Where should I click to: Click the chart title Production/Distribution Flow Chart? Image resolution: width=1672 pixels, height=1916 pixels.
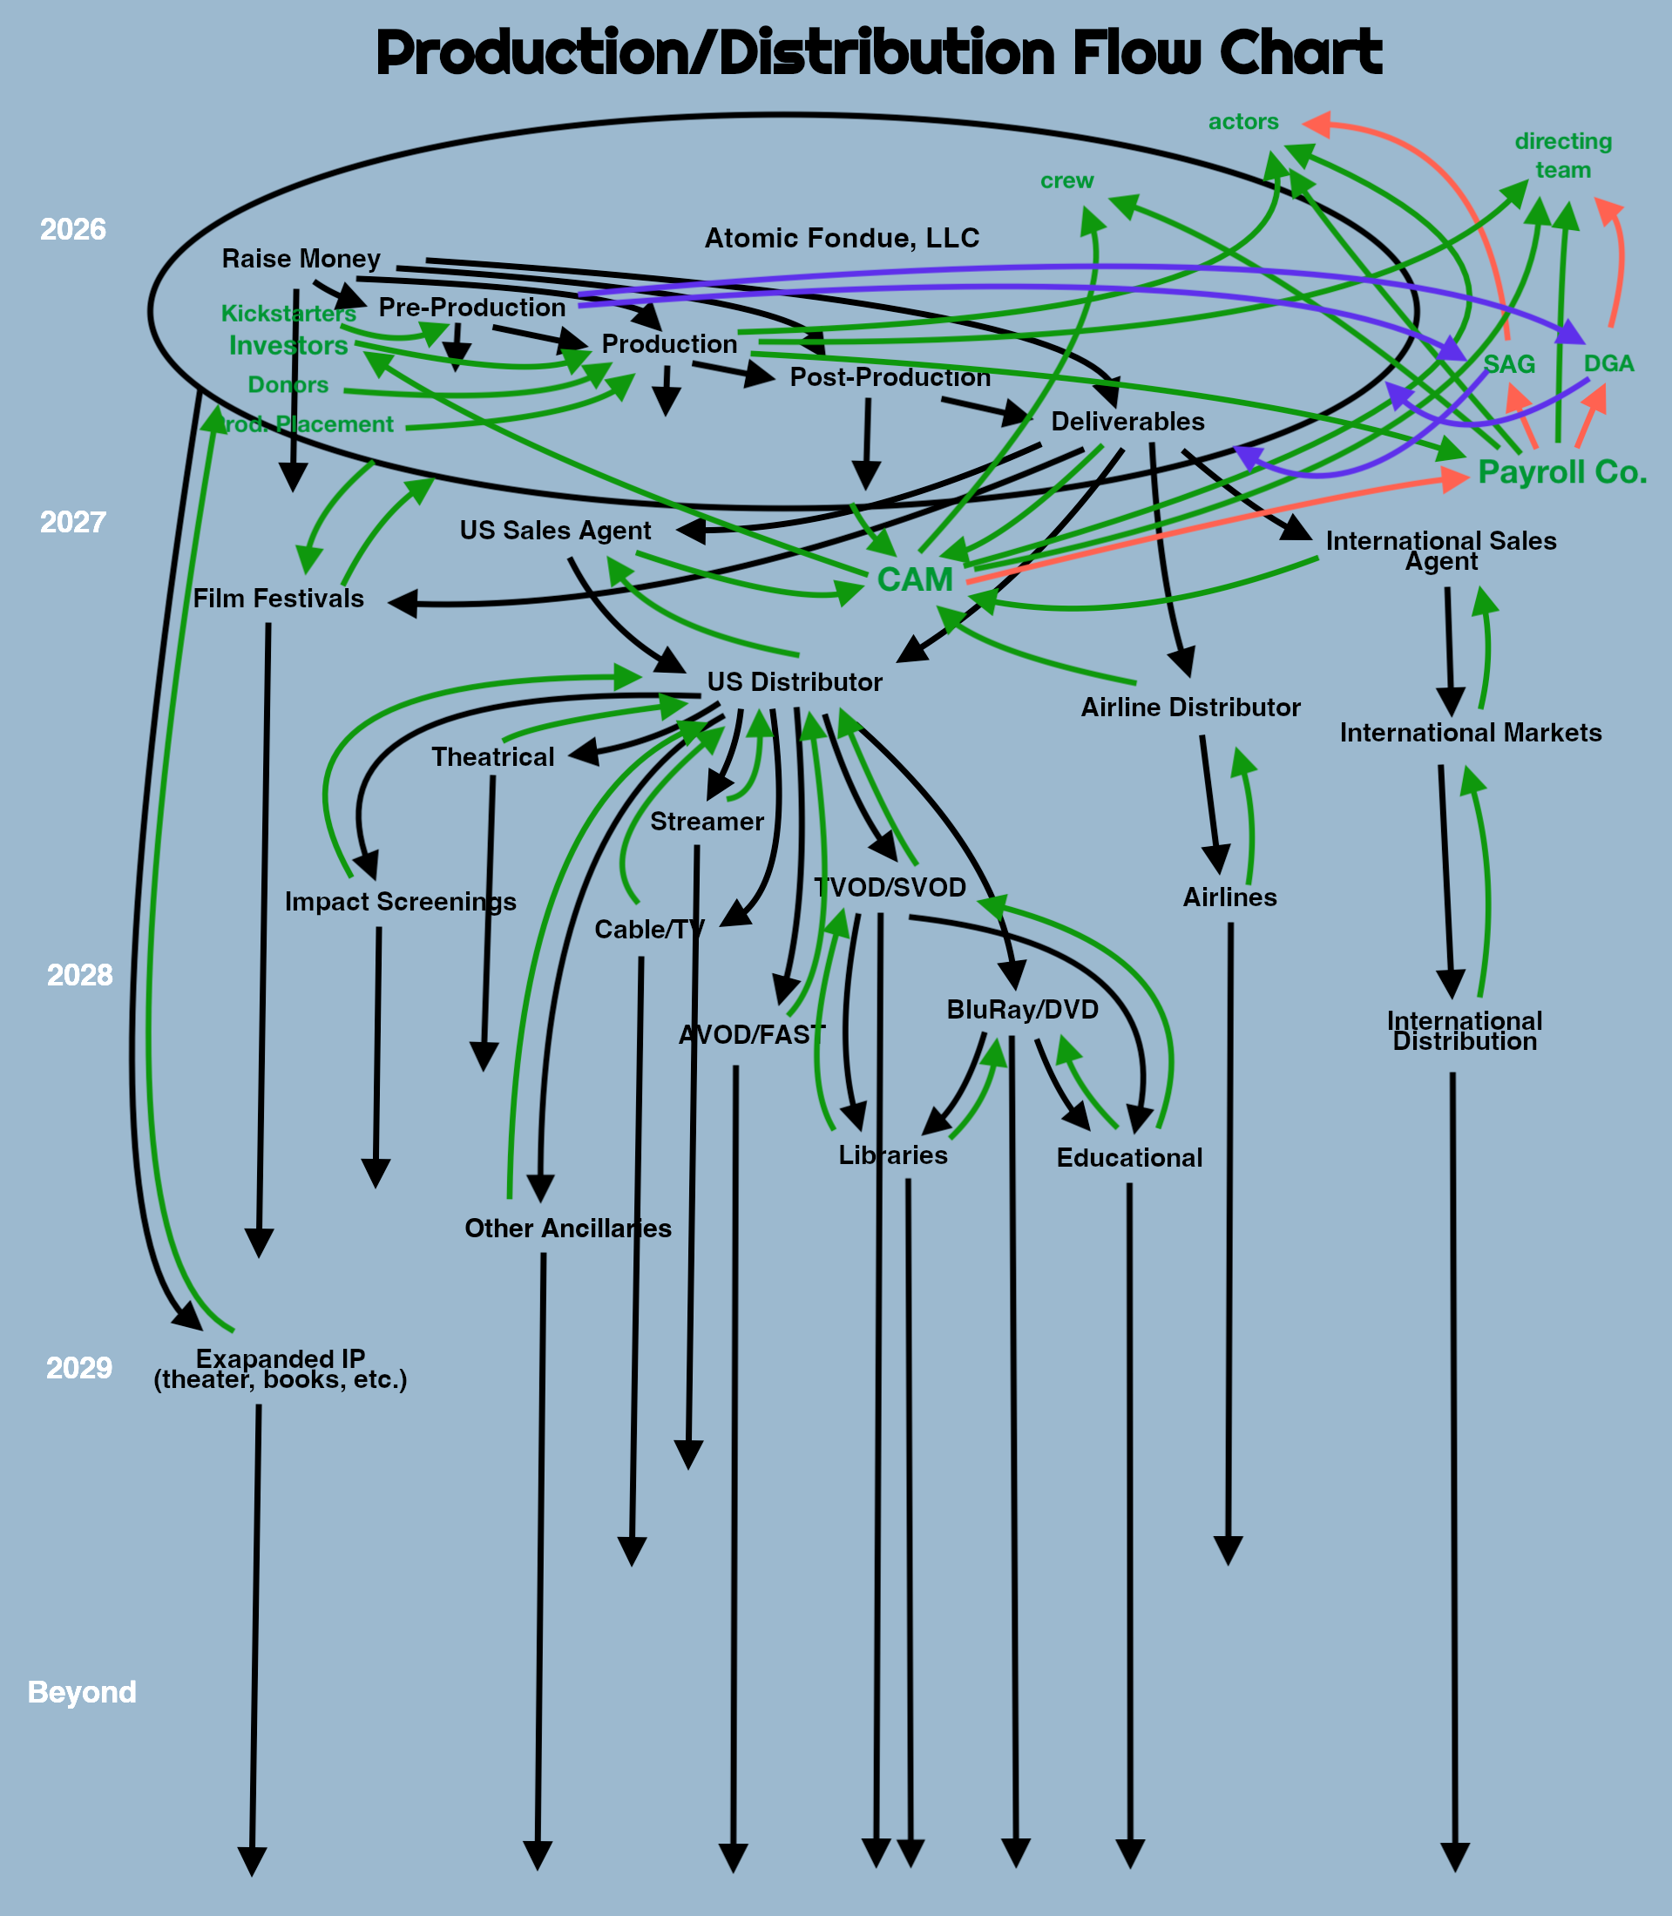click(x=878, y=53)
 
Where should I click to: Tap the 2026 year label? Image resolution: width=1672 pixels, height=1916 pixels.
click(x=73, y=229)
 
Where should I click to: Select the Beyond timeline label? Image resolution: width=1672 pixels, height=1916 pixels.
click(x=82, y=1691)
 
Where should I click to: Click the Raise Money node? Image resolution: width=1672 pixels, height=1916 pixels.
click(x=301, y=259)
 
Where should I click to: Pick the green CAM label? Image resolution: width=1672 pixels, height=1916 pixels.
click(x=914, y=579)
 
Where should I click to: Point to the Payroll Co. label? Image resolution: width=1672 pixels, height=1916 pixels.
click(x=1562, y=472)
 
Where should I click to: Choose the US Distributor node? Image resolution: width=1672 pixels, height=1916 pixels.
click(x=794, y=682)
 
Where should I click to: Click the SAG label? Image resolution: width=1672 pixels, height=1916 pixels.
click(x=1509, y=364)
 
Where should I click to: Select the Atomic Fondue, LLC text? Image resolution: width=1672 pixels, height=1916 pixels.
click(x=842, y=238)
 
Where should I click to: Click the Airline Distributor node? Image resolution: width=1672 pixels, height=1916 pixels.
click(x=1190, y=707)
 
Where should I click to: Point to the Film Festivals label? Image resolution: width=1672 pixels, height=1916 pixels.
click(x=278, y=598)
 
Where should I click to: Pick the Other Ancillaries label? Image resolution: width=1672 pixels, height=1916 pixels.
click(x=567, y=1228)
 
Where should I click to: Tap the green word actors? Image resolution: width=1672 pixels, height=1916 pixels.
click(x=1242, y=121)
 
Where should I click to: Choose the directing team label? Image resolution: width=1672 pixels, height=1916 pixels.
click(x=1563, y=155)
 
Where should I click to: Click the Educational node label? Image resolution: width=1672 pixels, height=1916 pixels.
click(x=1129, y=1158)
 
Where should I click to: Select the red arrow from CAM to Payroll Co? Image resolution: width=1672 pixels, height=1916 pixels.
click(x=1213, y=527)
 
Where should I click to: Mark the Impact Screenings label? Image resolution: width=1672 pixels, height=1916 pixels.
click(x=400, y=901)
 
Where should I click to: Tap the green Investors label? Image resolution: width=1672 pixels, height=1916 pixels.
click(x=288, y=345)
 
